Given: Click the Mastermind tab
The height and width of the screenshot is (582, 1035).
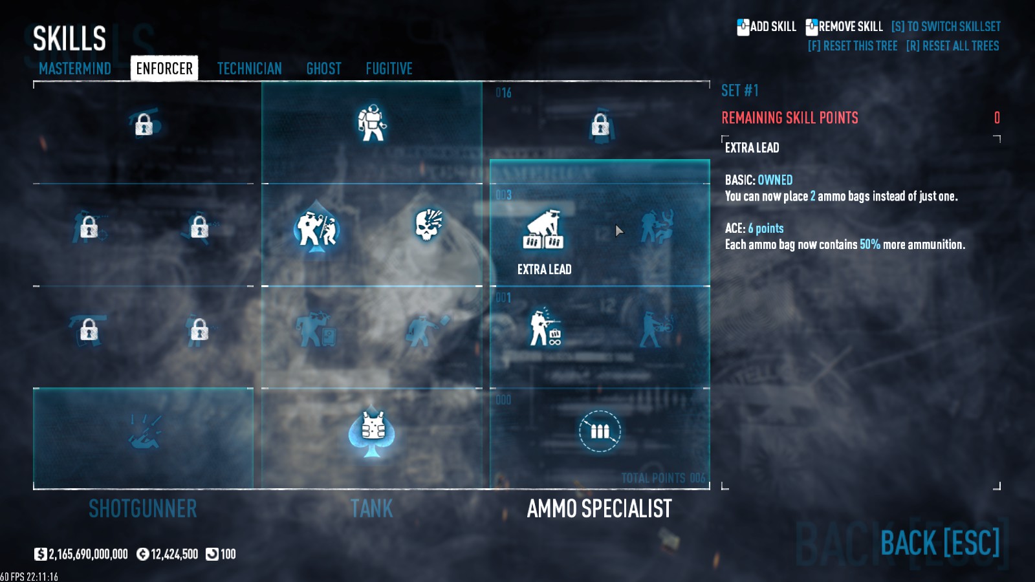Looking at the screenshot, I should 75,69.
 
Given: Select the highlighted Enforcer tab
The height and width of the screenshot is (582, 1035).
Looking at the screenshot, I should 164,69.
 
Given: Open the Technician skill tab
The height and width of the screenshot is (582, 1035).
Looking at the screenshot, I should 249,69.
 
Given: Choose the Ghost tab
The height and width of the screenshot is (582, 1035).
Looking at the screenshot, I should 323,69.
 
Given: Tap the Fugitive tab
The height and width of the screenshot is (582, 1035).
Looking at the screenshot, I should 389,69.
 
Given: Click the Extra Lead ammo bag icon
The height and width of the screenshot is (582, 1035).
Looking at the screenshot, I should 543,230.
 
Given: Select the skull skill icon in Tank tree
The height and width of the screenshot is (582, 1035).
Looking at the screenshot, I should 428,224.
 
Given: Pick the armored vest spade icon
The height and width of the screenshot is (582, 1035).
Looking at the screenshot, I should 372,431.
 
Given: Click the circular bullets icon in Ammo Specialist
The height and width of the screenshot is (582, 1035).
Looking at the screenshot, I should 600,431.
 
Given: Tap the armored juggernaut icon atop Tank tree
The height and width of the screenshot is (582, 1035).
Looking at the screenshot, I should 372,122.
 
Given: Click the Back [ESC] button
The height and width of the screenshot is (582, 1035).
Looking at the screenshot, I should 940,543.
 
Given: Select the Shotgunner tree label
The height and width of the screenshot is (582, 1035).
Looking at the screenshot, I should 142,509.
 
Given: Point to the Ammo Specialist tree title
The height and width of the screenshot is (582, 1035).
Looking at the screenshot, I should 599,509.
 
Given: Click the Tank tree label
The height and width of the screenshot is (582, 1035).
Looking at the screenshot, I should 372,509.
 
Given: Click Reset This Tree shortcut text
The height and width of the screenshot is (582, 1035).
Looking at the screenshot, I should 853,46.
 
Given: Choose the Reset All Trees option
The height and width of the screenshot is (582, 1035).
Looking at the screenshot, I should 952,46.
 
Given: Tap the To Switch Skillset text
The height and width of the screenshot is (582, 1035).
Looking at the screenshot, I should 946,27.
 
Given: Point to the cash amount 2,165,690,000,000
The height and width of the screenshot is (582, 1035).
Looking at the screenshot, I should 88,554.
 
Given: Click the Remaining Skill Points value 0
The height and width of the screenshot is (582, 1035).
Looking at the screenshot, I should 997,118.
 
